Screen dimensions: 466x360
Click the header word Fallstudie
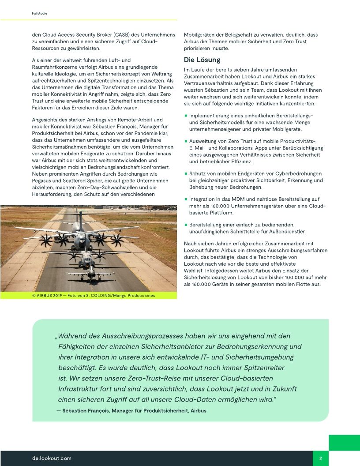(x=40, y=14)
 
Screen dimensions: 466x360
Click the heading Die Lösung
(x=202, y=60)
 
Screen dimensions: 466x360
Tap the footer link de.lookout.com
(x=52, y=458)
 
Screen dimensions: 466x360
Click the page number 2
(x=321, y=458)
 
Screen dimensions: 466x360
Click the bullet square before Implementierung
(x=186, y=116)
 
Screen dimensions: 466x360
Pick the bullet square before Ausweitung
(x=186, y=141)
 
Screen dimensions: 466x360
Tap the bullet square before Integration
(x=186, y=199)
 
